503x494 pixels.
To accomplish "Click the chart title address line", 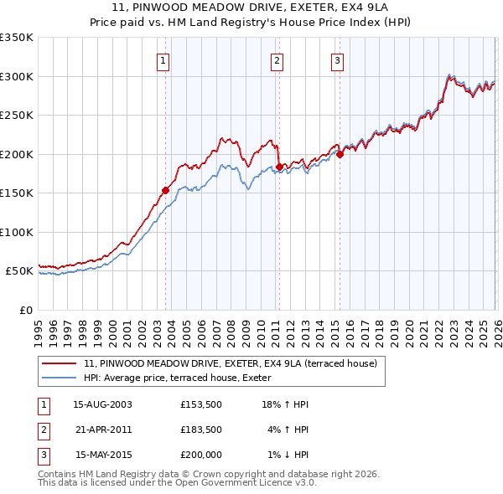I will click(251, 8).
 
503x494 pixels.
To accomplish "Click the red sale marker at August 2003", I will click(165, 190).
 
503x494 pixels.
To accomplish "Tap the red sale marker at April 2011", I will click(278, 167).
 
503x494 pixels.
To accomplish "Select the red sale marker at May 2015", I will click(340, 154).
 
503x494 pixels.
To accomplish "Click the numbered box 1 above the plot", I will click(163, 59).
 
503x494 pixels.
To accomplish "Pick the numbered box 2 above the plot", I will click(276, 59).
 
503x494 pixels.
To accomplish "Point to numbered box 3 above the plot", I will click(337, 59).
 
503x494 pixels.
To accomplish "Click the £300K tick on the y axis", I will click(17, 76).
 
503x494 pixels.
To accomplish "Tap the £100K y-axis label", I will click(17, 232).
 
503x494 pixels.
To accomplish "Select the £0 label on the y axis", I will click(25, 310).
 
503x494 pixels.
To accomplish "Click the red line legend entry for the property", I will click(231, 363).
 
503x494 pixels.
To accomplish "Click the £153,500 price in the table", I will click(200, 404).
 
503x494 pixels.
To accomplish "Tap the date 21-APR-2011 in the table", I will click(103, 430).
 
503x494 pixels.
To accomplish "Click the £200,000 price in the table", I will click(200, 455).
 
